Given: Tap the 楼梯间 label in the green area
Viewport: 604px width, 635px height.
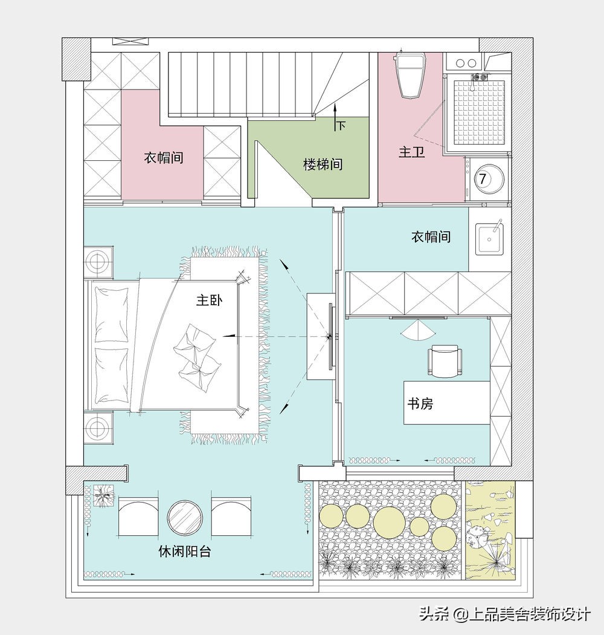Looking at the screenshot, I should (x=323, y=164).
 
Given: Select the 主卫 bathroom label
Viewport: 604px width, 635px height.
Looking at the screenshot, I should (x=411, y=152).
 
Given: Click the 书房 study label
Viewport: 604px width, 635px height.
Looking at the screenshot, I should (x=419, y=403).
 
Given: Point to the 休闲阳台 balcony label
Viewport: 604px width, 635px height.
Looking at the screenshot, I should (x=184, y=552).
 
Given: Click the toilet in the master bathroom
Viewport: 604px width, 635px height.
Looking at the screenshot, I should (x=411, y=75).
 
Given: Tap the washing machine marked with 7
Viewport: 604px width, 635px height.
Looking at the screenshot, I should (x=486, y=179).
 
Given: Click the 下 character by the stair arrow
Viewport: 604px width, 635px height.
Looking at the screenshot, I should (x=341, y=126).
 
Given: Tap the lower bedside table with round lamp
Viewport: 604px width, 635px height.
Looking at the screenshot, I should (x=97, y=428).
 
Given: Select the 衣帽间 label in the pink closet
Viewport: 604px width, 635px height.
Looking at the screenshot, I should (x=164, y=158).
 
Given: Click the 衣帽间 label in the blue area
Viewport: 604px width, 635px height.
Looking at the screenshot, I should (x=431, y=237).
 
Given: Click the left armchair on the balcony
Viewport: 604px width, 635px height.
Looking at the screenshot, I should (x=138, y=517).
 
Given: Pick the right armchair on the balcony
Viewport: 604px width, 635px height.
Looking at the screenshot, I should (x=231, y=517).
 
